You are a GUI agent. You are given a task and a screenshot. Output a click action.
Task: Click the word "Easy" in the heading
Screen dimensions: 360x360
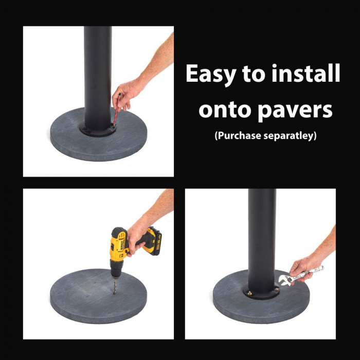tap(211, 75)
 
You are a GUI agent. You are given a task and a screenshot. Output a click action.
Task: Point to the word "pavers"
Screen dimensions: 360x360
tap(297, 110)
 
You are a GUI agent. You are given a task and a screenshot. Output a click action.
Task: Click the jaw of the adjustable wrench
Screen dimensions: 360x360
tap(283, 280)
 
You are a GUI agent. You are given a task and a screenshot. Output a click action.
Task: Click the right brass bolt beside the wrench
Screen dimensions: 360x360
tap(276, 291)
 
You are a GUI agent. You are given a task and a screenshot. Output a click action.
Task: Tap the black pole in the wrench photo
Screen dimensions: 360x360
tap(262, 237)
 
